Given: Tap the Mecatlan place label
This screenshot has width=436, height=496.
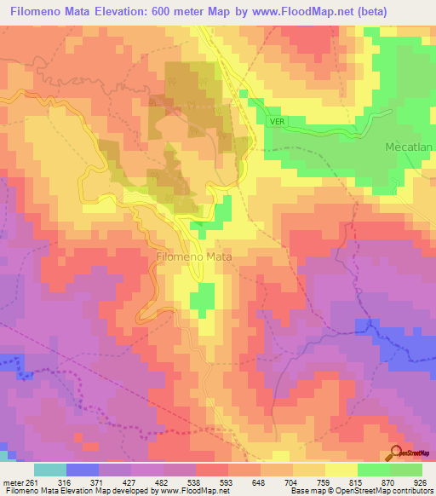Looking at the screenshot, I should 409,147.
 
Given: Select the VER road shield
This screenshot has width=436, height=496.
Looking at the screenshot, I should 276,121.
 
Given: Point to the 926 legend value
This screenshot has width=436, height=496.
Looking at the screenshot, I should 415,482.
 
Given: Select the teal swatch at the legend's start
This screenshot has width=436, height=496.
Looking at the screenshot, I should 50,470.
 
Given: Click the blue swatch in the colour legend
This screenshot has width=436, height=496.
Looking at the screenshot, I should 83,470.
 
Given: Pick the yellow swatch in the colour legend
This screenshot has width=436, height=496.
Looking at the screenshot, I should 341,470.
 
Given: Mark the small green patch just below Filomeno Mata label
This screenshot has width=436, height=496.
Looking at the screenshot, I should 202,297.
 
